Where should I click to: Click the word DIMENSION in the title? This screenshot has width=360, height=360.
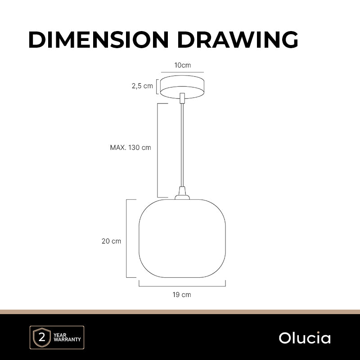click(99, 40)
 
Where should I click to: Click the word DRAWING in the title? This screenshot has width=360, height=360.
click(238, 40)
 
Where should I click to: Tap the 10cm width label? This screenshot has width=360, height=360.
click(183, 65)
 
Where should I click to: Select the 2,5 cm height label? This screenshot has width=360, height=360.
click(142, 86)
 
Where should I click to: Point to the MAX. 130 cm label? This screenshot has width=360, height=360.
click(130, 148)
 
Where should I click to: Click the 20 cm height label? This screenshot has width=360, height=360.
click(111, 241)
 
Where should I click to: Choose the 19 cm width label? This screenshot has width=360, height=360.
click(182, 295)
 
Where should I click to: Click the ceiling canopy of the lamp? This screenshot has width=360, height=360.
click(182, 87)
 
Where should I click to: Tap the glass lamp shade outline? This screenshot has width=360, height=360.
click(139, 239)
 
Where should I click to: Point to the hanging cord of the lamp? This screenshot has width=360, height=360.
click(182, 145)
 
